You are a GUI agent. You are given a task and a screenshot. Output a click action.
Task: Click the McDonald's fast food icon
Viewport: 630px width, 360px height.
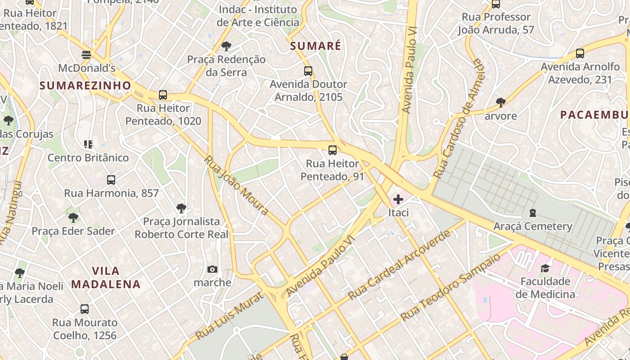pos(86,55)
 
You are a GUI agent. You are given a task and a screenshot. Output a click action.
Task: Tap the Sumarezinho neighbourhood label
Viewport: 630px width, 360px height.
pos(85,85)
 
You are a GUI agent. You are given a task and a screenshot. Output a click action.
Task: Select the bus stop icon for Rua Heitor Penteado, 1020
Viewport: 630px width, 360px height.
pos(163,95)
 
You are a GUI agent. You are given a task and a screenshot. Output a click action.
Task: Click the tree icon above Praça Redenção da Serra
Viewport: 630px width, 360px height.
pos(226,46)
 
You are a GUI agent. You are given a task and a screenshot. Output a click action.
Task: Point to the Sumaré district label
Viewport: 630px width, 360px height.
pos(315,46)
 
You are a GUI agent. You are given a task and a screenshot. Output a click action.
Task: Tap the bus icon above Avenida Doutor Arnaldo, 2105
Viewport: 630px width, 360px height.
pos(308,71)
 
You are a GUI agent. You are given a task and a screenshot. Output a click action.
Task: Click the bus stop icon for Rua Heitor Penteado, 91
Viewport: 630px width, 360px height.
pos(333,150)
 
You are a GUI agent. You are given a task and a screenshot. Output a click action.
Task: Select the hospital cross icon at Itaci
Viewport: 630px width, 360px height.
pos(398,199)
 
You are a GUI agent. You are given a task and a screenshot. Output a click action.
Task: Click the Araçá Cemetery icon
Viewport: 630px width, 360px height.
pos(533,212)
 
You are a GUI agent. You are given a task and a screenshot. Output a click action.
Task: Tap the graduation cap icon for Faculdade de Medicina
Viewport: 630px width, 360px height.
pos(545,268)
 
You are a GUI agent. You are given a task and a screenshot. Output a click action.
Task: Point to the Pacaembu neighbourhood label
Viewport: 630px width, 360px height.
pos(594,115)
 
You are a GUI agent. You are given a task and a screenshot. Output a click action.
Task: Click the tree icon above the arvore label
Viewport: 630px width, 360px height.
pos(500,103)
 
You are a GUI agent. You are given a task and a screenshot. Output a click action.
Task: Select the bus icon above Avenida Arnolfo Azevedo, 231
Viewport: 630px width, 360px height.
pos(580,54)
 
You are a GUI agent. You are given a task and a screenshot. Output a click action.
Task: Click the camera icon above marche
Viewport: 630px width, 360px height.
pos(212,269)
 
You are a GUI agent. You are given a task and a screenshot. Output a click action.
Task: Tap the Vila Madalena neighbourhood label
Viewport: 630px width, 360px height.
pos(106,277)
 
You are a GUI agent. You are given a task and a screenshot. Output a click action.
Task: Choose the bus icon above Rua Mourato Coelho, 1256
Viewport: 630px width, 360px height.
pos(85,309)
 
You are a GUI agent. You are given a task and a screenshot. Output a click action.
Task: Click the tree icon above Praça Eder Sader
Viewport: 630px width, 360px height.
pos(73,218)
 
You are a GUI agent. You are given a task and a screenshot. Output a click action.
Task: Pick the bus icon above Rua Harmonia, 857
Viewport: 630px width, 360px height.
pos(111,180)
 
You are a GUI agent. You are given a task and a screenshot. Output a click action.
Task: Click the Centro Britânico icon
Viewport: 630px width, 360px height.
pos(88,144)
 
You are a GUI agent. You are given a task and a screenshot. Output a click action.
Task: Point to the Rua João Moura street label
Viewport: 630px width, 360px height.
pos(236,185)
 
